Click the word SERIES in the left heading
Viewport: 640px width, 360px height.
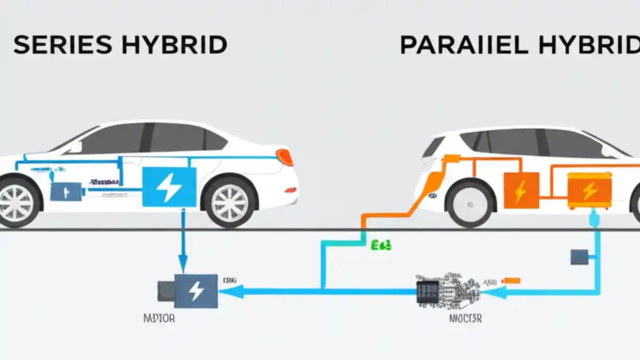62,45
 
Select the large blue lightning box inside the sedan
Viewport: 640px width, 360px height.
169,186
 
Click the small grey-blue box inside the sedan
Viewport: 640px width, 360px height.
65,191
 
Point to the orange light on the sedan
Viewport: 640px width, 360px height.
284,156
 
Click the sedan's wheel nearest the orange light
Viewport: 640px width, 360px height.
228,201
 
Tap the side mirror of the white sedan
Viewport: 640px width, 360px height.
73,146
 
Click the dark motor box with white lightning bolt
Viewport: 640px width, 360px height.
195,290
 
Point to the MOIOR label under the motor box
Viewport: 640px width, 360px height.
159,318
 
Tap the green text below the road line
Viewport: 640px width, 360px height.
381,245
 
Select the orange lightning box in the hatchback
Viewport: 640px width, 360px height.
521,190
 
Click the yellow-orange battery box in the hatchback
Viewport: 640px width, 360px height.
589,190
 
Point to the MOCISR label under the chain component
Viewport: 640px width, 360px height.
465,318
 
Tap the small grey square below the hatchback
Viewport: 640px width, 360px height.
578,257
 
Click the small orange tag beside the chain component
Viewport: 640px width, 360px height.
511,281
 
